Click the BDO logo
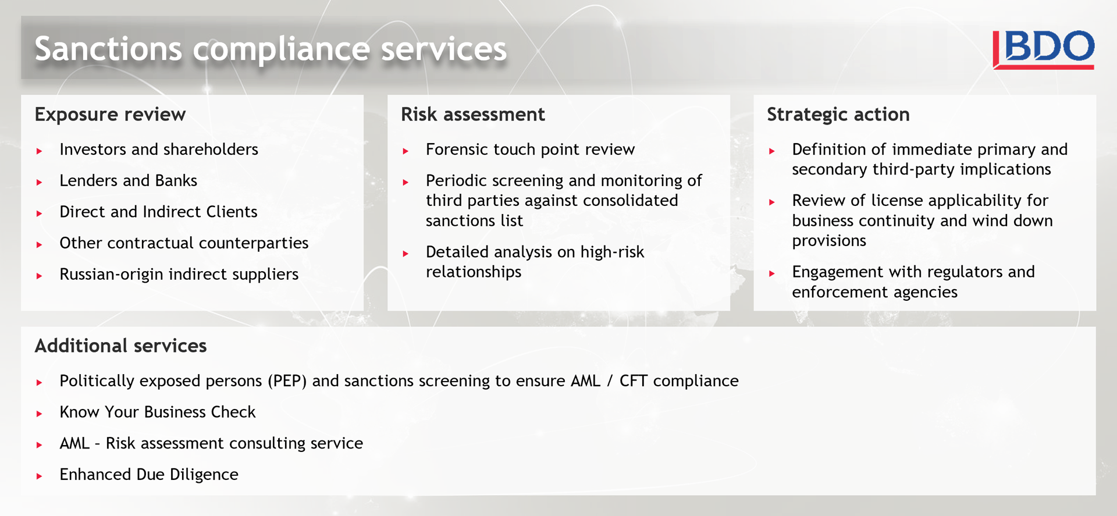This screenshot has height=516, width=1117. tap(1043, 49)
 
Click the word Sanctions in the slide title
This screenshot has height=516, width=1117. tap(108, 48)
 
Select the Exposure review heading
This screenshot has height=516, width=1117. tap(110, 114)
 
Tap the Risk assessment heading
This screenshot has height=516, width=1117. tap(473, 114)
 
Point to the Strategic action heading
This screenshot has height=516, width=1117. tap(838, 115)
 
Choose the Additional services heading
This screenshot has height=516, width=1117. tap(120, 346)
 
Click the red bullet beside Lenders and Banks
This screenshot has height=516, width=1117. tap(39, 182)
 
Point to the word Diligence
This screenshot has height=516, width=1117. tap(204, 475)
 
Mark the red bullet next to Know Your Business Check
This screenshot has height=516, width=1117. tap(39, 414)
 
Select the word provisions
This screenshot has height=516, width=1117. tap(829, 241)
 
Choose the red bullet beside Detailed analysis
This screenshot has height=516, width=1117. tap(405, 254)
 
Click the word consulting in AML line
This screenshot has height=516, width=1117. tap(257, 444)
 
